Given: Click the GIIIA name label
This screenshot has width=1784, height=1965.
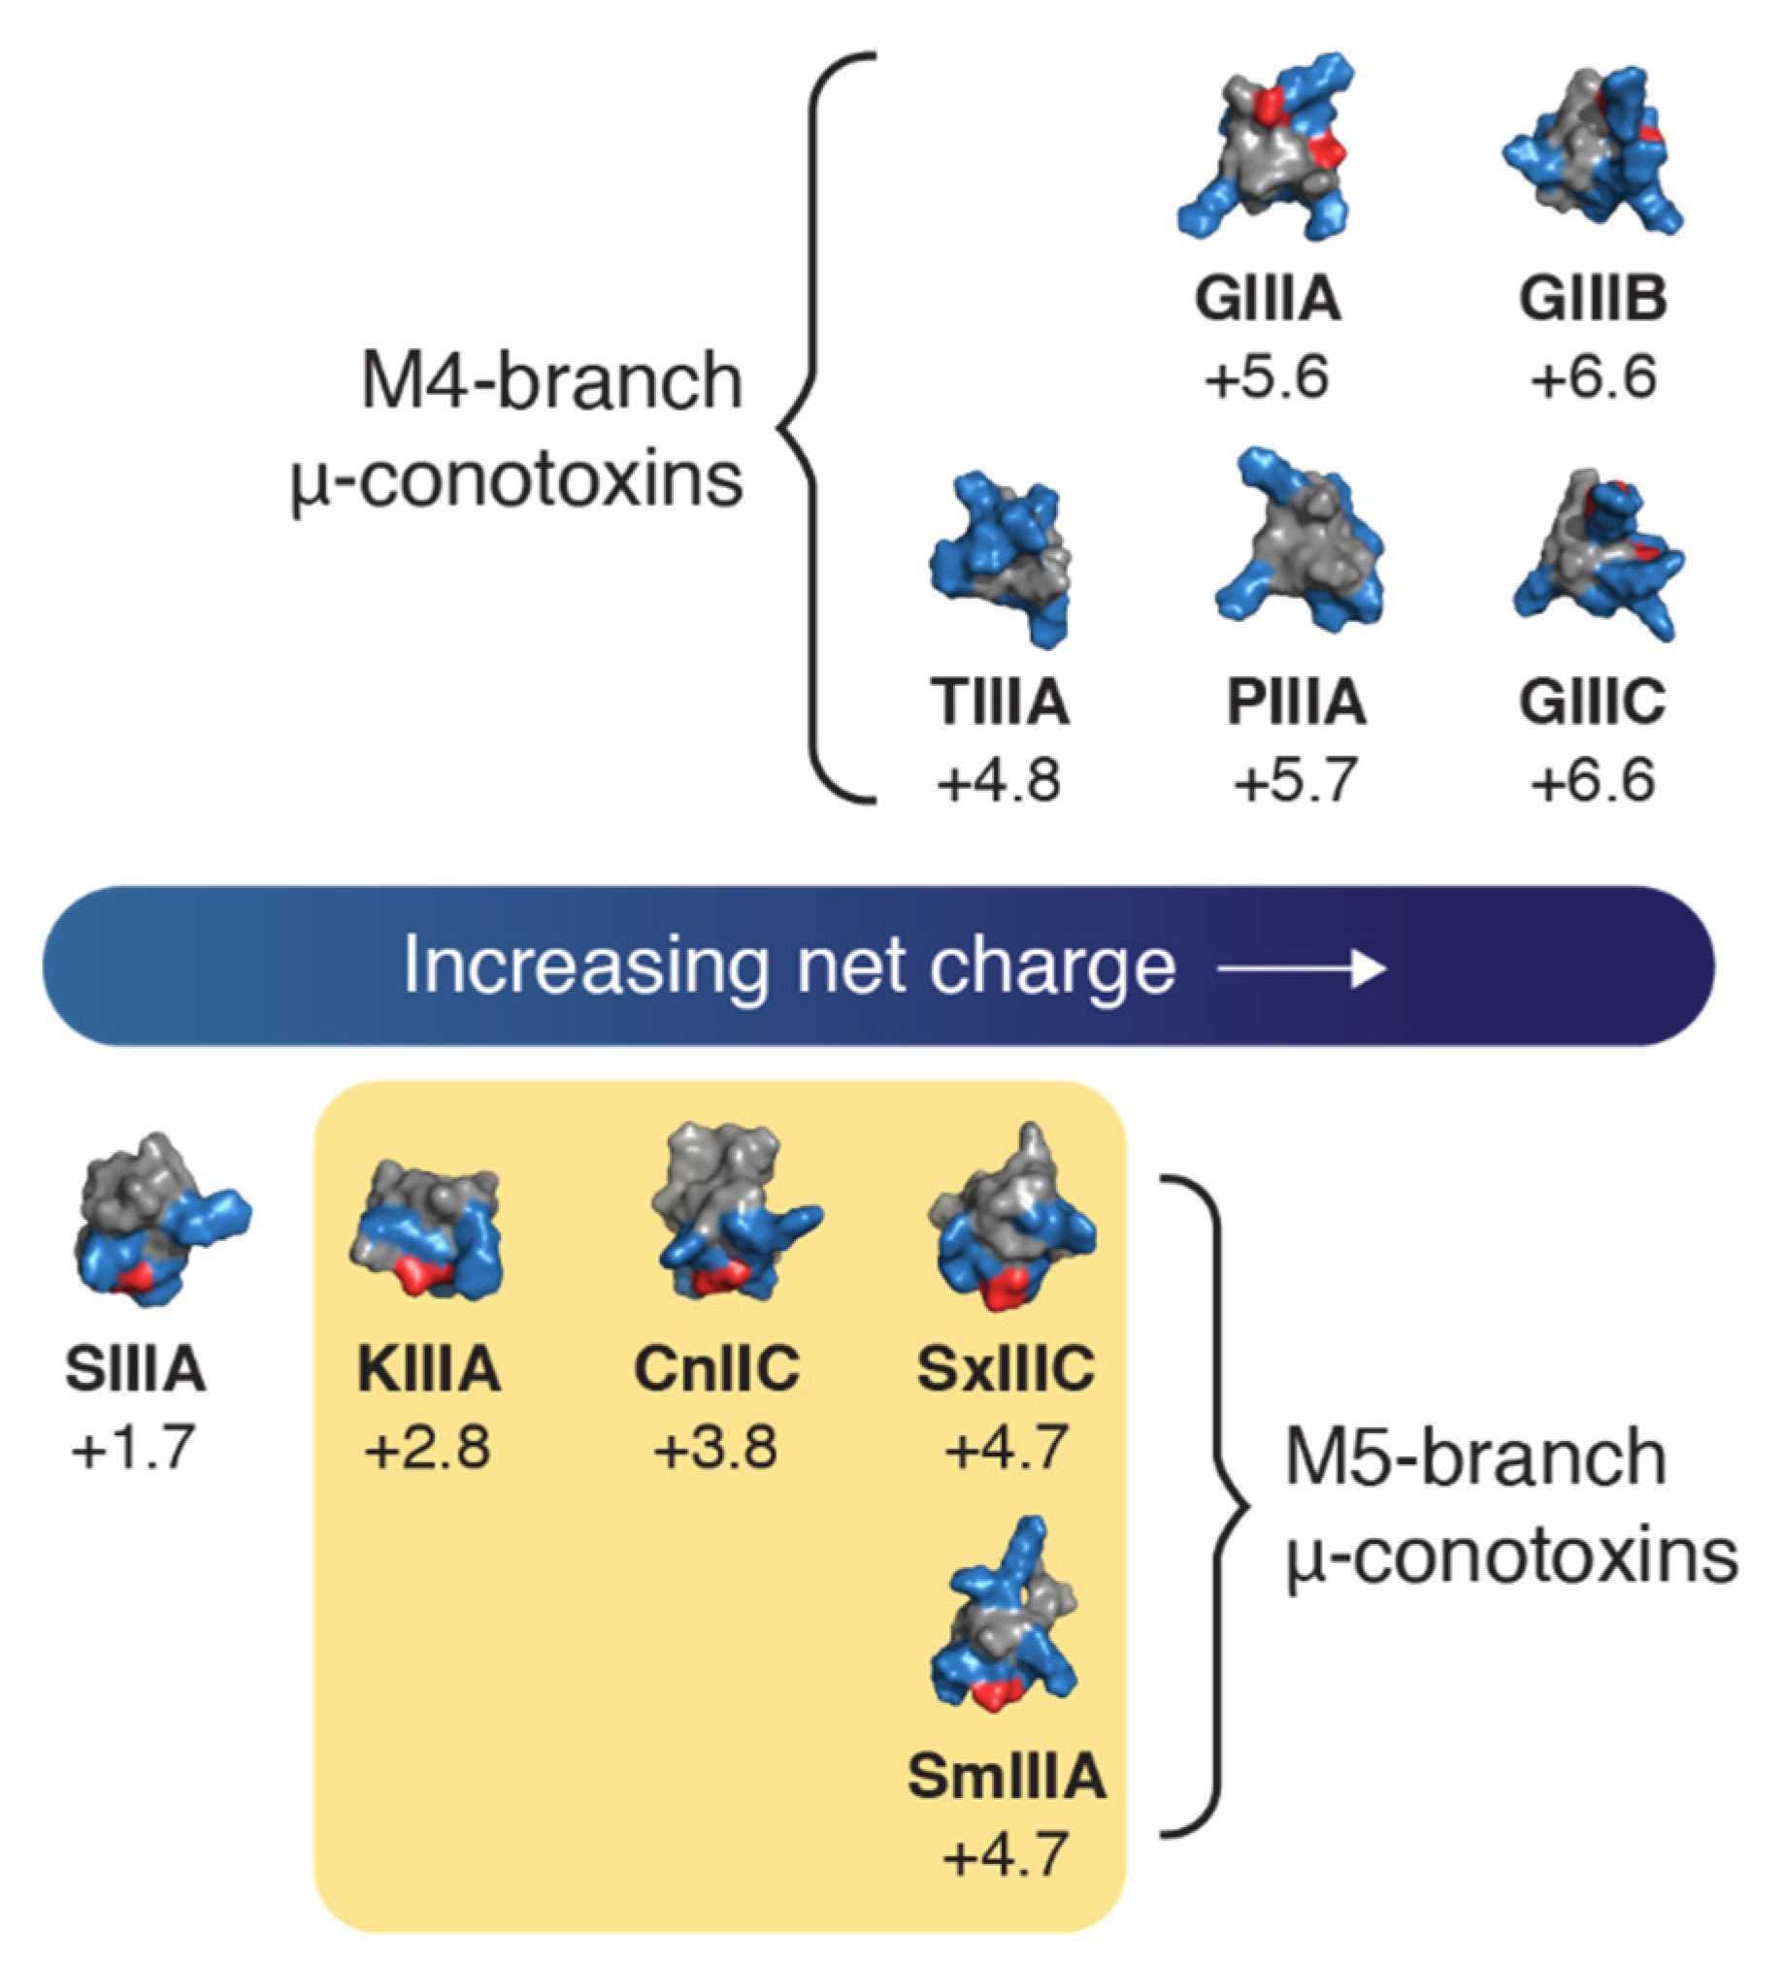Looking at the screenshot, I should pos(1268,298).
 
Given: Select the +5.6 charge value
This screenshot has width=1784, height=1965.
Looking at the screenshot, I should pos(1268,377).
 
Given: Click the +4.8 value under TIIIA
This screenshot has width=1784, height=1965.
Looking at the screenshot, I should pos(999,782).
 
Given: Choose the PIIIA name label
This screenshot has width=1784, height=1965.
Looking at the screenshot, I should pos(1296,702).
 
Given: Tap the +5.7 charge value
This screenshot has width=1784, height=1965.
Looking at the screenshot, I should pos(1296,782).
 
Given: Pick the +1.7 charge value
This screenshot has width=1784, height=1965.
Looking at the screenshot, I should pos(135,1448).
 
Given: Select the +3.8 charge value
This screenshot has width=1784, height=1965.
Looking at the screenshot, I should pos(716,1448).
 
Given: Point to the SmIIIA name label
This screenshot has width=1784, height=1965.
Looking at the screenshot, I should pos(1007,1777).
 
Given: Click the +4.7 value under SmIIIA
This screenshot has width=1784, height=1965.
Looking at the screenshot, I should pos(1007,1855).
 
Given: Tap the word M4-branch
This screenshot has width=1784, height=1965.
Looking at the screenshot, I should pos(551,381).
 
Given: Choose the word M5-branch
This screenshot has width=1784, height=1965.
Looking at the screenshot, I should pos(1474,1458).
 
